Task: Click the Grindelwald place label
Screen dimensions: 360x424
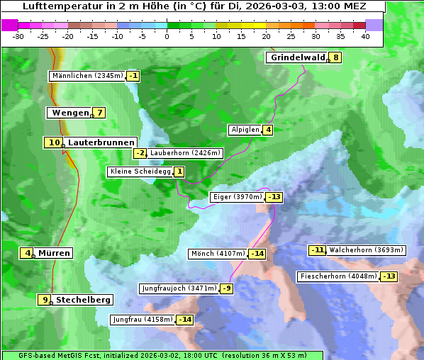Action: click(296, 57)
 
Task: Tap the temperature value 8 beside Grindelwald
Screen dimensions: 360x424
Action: click(335, 57)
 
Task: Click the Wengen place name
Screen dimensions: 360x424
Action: click(69, 113)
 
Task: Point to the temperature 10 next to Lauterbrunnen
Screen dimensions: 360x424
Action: click(54, 142)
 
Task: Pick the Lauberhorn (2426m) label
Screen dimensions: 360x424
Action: click(186, 152)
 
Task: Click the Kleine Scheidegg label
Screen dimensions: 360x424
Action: click(140, 171)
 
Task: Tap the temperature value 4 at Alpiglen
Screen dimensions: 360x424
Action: click(268, 130)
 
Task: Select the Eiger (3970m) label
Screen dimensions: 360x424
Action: click(238, 197)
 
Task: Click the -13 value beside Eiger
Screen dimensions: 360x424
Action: click(274, 197)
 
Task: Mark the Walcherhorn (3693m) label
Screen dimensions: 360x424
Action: click(367, 249)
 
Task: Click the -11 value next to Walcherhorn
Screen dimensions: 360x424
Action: click(317, 249)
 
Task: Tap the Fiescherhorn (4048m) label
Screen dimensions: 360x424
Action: click(337, 276)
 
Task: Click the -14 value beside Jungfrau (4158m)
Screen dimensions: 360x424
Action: click(184, 320)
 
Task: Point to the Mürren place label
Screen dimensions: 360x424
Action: click(54, 253)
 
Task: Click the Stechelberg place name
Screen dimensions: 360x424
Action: click(83, 300)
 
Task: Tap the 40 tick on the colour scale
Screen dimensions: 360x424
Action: click(365, 36)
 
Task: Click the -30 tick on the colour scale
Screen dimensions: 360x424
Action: click(19, 36)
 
